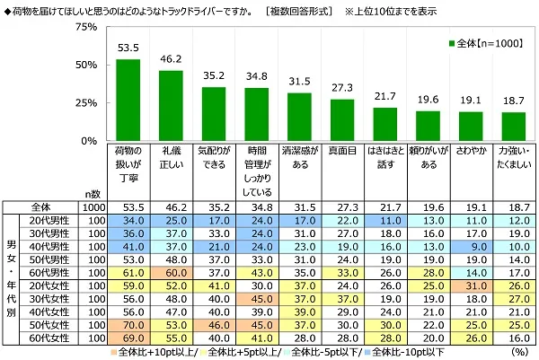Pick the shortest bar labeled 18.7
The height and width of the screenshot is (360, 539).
pos(513,127)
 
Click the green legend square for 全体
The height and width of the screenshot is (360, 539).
pos(451,43)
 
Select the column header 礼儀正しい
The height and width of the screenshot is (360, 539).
pos(171,159)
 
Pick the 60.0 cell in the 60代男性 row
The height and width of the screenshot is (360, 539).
pos(171,272)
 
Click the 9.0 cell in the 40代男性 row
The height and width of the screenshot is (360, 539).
pos(471,246)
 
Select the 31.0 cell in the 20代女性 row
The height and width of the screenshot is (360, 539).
pos(471,285)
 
